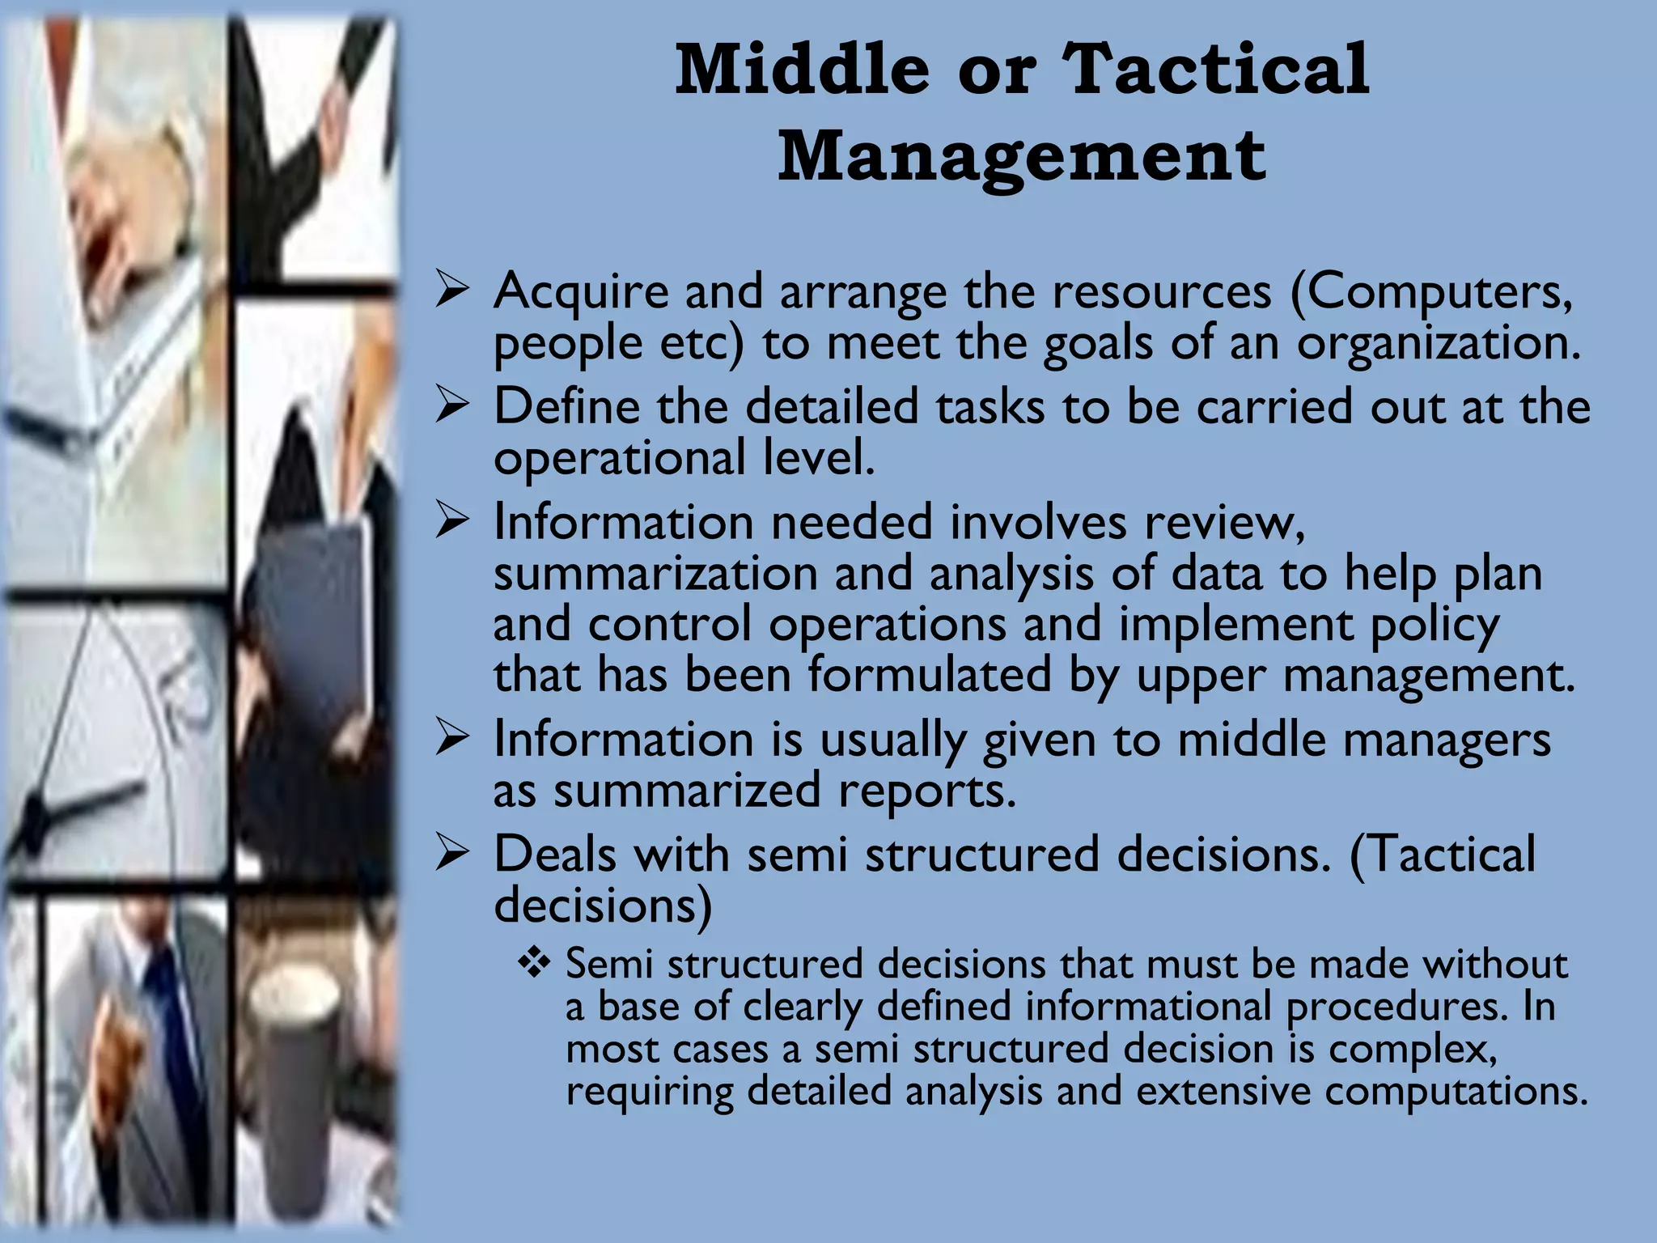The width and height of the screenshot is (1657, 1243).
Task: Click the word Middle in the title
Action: pyautogui.click(x=802, y=70)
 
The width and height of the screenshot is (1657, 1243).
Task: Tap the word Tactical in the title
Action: pyautogui.click(x=1216, y=70)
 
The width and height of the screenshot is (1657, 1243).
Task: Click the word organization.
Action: pyautogui.click(x=1439, y=343)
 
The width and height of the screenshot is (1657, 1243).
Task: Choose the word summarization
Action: pyautogui.click(x=655, y=574)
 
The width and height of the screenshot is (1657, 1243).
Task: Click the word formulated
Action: pyautogui.click(x=930, y=675)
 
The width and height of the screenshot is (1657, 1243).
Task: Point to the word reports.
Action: pyautogui.click(x=926, y=791)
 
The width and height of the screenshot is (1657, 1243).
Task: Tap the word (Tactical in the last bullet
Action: pyautogui.click(x=1443, y=855)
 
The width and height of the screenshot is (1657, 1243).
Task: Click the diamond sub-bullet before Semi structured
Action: pyautogui.click(x=534, y=963)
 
